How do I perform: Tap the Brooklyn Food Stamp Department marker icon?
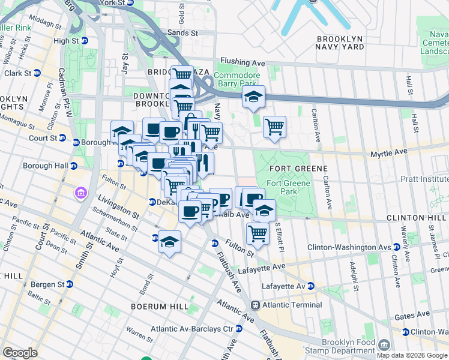point(384,345)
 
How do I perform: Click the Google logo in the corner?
point(20,353)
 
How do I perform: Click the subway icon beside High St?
point(85,41)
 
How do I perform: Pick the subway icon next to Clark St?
point(37,73)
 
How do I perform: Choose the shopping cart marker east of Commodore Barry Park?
point(274,127)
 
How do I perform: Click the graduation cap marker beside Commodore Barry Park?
point(254,97)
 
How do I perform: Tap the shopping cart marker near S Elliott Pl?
point(258,233)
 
